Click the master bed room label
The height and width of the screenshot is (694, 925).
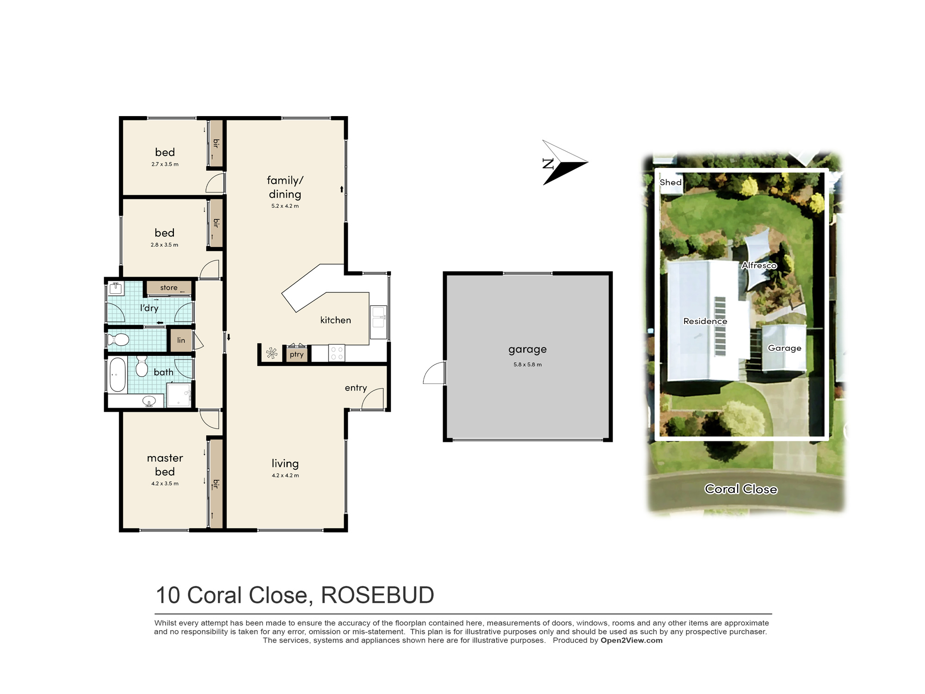(x=165, y=465)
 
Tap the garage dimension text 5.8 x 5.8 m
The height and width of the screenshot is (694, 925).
(x=527, y=365)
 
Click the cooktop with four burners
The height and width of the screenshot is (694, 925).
(x=337, y=353)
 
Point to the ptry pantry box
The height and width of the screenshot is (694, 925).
(x=296, y=355)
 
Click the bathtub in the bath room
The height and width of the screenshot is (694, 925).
(x=117, y=375)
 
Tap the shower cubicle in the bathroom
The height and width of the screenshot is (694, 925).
(x=179, y=395)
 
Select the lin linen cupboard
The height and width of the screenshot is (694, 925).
(x=181, y=340)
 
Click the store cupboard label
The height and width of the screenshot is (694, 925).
(x=169, y=288)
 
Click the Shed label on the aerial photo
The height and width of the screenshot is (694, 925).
(x=671, y=182)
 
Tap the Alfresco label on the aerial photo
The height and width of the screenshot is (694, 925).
(x=759, y=265)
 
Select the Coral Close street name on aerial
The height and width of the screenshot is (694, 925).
(x=740, y=489)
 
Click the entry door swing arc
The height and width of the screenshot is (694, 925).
(x=373, y=398)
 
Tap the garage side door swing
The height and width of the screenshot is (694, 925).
(x=434, y=373)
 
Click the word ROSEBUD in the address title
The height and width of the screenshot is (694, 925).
(x=377, y=595)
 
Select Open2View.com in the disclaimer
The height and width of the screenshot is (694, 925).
(x=631, y=640)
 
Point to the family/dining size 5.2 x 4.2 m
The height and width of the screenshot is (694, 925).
(x=285, y=206)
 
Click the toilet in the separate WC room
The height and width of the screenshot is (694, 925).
(x=118, y=340)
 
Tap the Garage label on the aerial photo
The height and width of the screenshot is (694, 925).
(x=784, y=348)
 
